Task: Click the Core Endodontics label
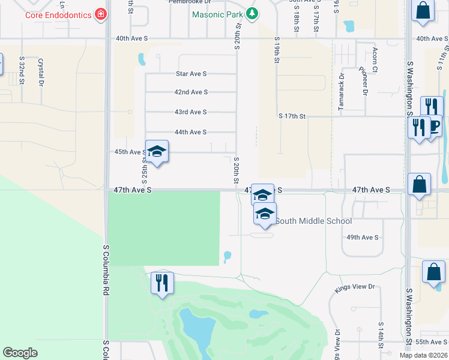coord(58,13)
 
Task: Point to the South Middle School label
coord(313,221)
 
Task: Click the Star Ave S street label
coord(191,74)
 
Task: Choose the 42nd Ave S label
coord(191,92)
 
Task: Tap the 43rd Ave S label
coord(190,112)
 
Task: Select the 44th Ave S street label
coord(190,132)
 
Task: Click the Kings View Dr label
coord(354,287)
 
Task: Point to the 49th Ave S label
coord(363,238)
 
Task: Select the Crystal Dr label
coord(41,70)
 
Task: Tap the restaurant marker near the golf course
coord(162,283)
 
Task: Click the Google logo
coord(20,353)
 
